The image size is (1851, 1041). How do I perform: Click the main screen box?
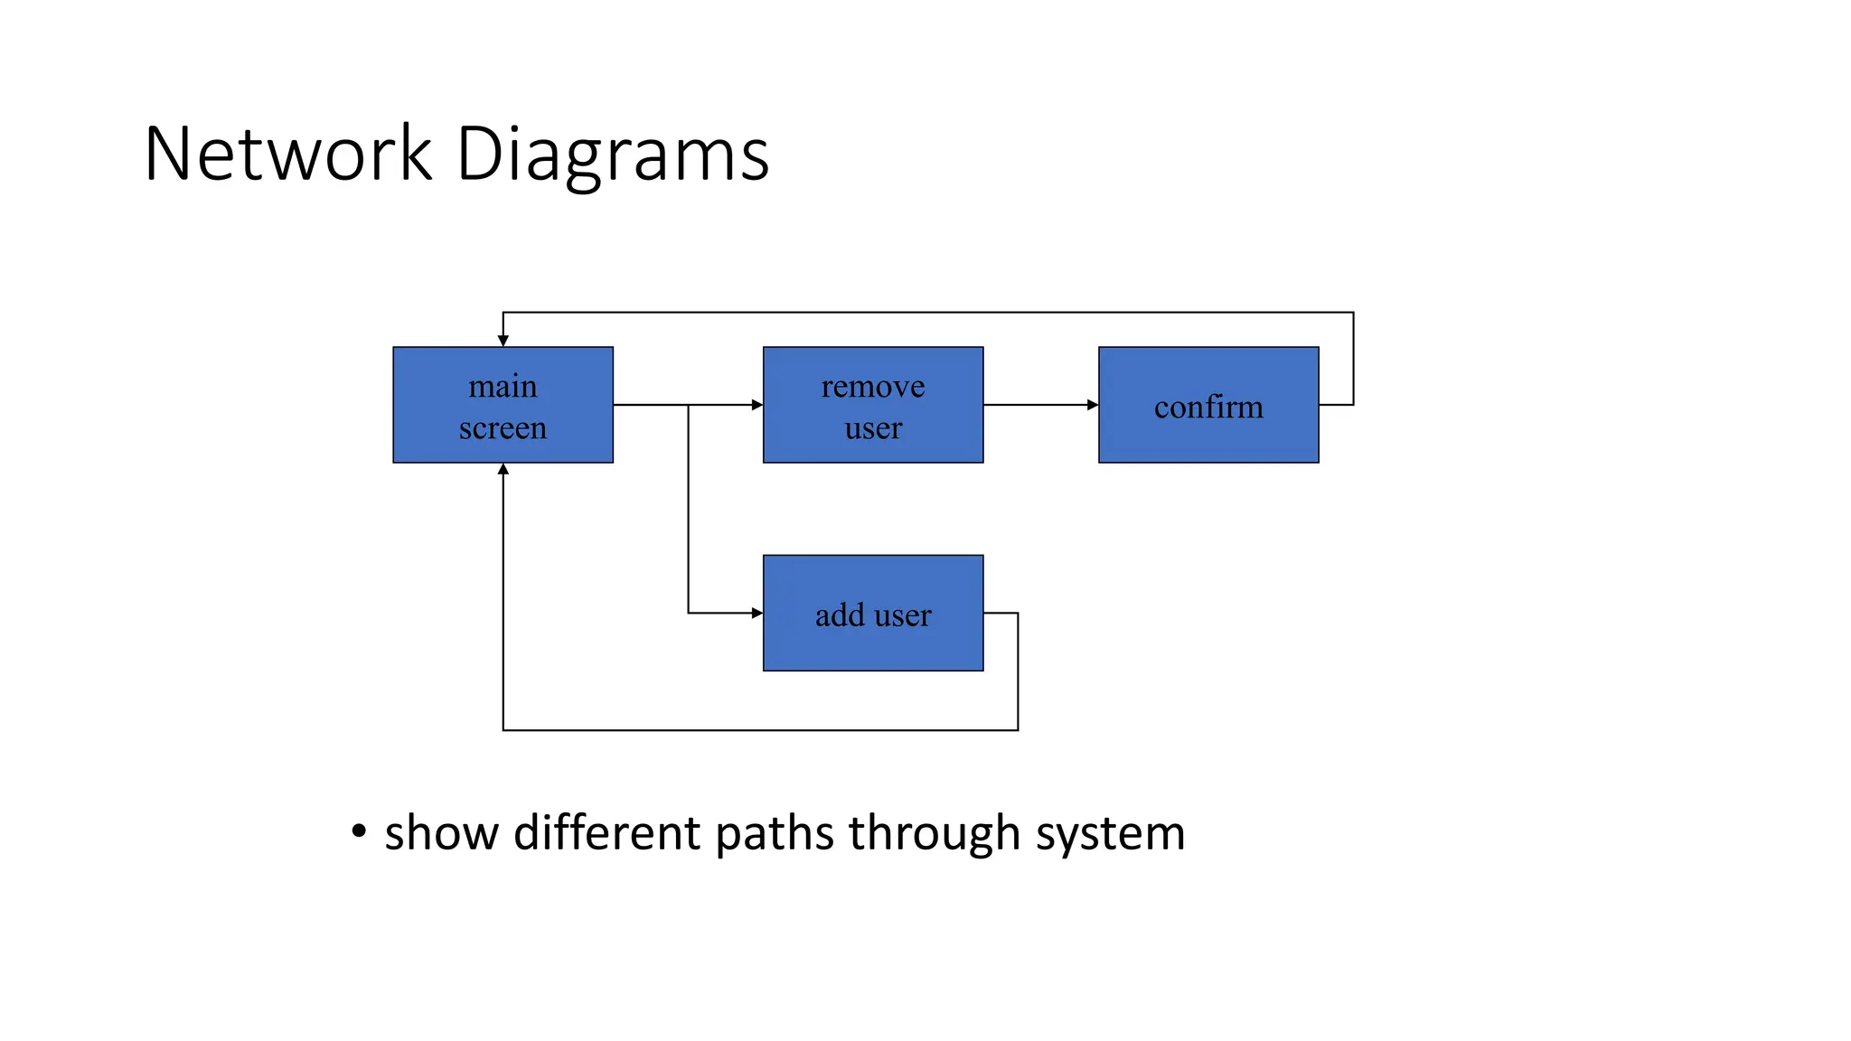coord(503,405)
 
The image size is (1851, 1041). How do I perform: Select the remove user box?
coord(873,405)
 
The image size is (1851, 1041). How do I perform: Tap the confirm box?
coord(1208,405)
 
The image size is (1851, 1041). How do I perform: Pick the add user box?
coord(873,613)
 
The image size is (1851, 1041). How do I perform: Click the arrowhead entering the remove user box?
coord(757,405)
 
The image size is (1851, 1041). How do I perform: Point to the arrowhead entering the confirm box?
coord(1093,405)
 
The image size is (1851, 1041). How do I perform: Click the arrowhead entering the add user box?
coord(757,613)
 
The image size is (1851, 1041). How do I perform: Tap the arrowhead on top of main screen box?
coord(503,341)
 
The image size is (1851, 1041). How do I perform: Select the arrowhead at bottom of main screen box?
coord(503,469)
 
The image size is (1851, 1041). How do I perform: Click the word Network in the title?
coord(288,154)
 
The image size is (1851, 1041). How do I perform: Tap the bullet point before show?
coord(359,830)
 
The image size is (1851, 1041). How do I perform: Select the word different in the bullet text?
coord(606,832)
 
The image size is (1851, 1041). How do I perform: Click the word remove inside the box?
coord(873,387)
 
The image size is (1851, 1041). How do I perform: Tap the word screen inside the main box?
coord(503,427)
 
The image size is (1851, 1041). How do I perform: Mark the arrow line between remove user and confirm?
coord(1039,405)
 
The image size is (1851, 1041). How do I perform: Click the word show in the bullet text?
coord(441,832)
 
